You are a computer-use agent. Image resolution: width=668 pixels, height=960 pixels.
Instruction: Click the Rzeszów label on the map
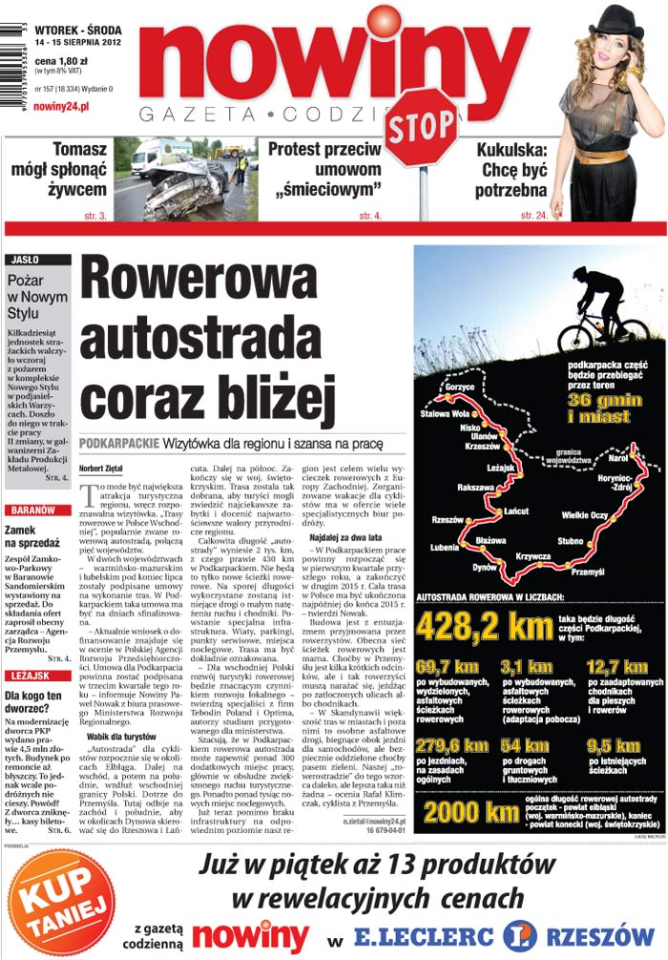click(x=449, y=520)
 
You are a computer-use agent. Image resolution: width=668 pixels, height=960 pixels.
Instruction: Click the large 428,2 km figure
click(x=484, y=625)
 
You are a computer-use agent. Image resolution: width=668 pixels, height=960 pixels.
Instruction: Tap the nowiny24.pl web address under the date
click(x=61, y=106)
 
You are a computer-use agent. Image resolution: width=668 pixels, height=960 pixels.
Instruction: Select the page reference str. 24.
click(x=533, y=216)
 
